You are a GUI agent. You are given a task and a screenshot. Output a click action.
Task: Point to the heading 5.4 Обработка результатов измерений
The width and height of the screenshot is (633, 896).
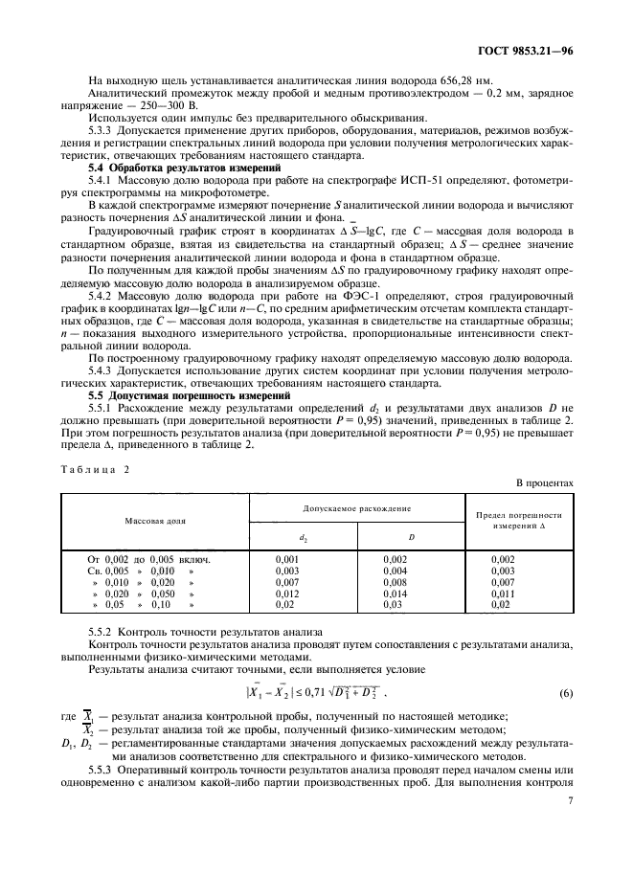tap(170, 168)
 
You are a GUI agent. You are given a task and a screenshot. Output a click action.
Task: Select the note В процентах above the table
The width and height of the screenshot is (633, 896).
tap(545, 482)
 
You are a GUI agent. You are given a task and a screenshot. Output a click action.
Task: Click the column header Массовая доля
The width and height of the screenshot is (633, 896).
tap(155, 521)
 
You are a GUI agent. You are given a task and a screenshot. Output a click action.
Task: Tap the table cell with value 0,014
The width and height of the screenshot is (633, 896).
tap(396, 593)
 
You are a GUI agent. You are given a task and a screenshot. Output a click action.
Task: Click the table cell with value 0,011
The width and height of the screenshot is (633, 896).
tap(504, 593)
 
